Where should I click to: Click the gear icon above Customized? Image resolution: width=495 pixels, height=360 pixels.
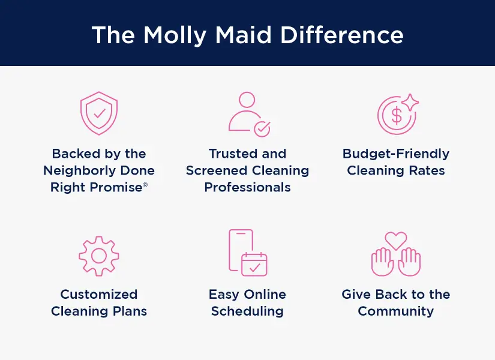(x=99, y=256)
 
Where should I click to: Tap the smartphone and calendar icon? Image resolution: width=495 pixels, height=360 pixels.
(x=247, y=253)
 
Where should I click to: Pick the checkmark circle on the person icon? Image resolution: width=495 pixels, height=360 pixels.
(x=262, y=129)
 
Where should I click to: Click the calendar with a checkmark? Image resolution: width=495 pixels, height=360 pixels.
(x=254, y=264)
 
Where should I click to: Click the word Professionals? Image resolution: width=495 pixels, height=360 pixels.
(x=247, y=187)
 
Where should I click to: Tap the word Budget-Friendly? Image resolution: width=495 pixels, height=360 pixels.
(x=396, y=154)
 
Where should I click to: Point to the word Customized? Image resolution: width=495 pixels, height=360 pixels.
(x=99, y=295)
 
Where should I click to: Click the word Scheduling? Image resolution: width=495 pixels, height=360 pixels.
(x=247, y=311)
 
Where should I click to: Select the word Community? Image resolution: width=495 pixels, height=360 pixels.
(x=396, y=311)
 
